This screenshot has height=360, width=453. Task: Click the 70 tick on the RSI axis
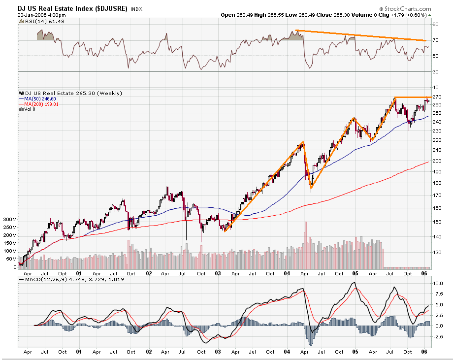coord(435,40)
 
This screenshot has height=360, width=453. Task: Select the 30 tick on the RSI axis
coord(435,71)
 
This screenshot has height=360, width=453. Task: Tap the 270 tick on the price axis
coord(437,97)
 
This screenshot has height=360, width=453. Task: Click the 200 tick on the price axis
coord(437,161)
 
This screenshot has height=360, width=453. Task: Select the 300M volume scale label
coord(10,219)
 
